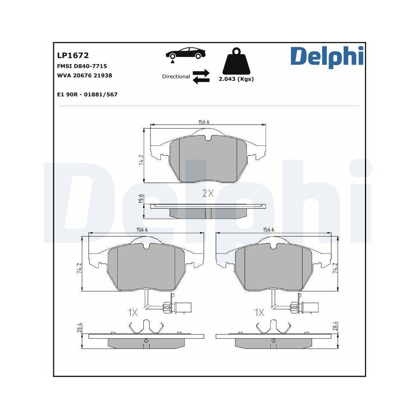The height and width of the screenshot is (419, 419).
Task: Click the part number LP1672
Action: click(x=72, y=55)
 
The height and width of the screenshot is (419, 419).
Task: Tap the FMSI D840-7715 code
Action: click(x=82, y=66)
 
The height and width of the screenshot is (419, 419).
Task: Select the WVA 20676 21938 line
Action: click(x=84, y=75)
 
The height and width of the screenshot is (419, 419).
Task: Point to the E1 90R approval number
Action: click(x=87, y=95)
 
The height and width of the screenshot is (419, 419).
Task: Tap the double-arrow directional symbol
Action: click(x=201, y=77)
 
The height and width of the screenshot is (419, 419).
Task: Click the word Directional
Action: click(x=176, y=77)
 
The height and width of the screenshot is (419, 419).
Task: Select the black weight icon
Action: click(x=236, y=62)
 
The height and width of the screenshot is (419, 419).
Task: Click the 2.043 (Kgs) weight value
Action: click(x=236, y=79)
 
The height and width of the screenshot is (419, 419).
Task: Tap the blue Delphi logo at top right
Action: click(x=327, y=57)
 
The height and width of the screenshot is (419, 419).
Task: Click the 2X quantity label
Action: click(x=208, y=193)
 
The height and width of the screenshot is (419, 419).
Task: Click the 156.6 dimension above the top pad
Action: click(x=204, y=122)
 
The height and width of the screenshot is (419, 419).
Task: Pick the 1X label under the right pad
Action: click(x=259, y=312)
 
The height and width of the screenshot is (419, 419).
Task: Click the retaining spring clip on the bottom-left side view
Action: click(x=146, y=326)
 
